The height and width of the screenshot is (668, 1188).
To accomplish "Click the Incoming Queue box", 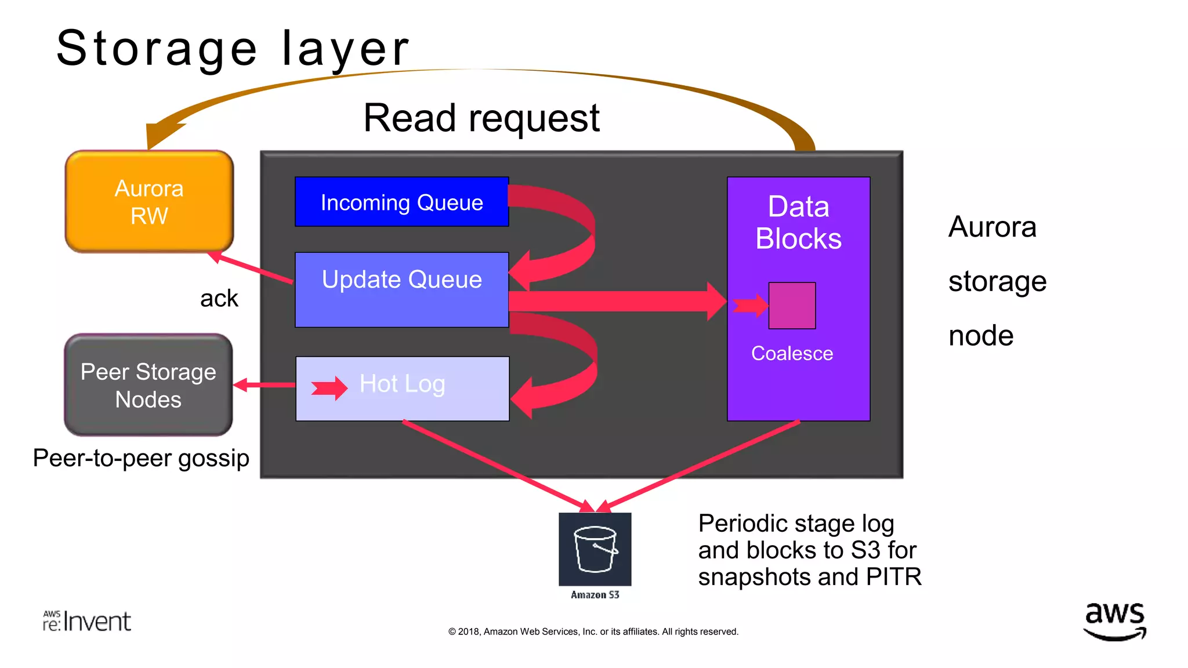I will tap(401, 202).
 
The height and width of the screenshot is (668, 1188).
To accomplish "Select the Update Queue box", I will tap(401, 290).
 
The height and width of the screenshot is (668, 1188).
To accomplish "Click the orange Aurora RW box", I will tap(149, 202).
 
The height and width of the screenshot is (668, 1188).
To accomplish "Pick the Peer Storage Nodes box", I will tap(148, 385).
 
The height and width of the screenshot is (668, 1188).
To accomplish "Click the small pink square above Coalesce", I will tap(792, 306).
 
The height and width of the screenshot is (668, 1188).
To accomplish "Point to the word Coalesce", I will tap(792, 353).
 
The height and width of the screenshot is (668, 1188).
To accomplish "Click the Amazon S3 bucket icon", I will tap(595, 549).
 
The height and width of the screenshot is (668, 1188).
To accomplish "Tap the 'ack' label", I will tap(219, 299).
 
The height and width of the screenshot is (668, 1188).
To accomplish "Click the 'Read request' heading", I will tap(481, 118).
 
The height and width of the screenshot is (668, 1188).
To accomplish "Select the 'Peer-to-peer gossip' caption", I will tap(141, 458).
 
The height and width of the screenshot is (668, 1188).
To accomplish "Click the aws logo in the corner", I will tap(1114, 620).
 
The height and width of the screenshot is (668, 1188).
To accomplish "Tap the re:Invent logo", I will tap(87, 621).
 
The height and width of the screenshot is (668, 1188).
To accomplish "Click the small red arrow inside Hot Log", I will tap(329, 388).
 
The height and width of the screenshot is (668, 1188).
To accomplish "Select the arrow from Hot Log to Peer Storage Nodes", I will tap(264, 385).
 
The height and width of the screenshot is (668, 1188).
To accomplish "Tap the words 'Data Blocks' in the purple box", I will tap(798, 223).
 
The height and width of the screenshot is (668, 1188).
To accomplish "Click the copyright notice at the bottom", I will tap(593, 631).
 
